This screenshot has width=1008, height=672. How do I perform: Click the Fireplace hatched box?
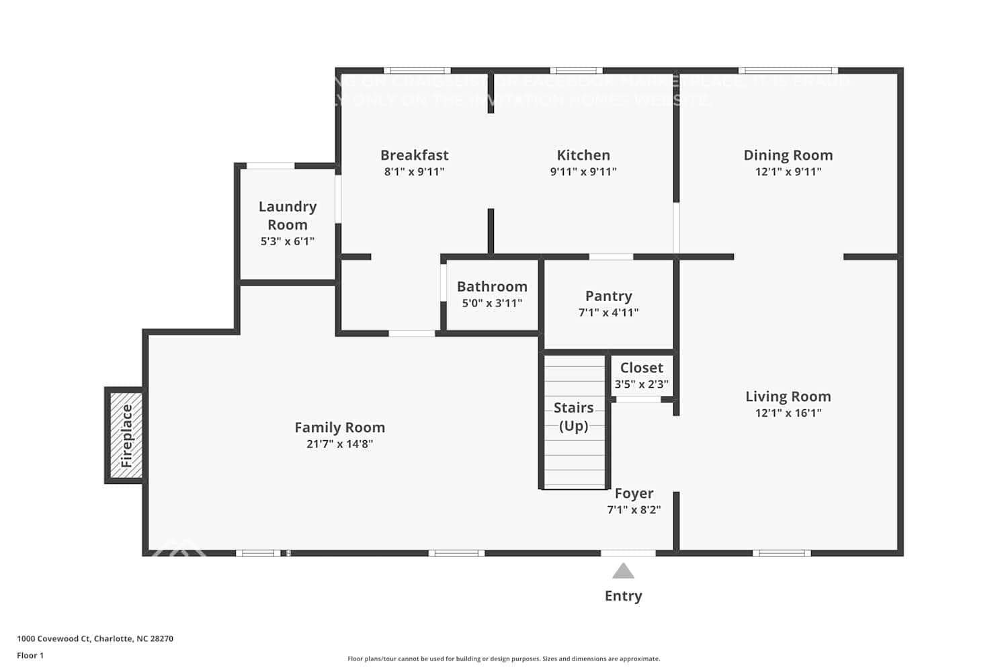click(x=126, y=435)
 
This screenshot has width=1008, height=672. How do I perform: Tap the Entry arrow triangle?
click(x=623, y=571)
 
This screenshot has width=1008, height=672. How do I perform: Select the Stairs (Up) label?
click(x=573, y=417)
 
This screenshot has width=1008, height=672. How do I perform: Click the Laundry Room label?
click(x=288, y=215)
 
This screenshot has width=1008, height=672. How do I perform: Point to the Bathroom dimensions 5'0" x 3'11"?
click(x=492, y=303)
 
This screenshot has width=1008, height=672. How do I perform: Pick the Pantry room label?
click(x=608, y=296)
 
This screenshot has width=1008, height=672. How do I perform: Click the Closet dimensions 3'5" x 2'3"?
click(x=641, y=384)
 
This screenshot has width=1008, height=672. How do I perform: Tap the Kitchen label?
click(x=583, y=155)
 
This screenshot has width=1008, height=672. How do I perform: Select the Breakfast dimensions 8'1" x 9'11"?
click(x=414, y=171)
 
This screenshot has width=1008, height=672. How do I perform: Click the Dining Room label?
click(x=788, y=155)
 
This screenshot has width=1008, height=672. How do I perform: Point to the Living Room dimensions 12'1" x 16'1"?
click(x=788, y=413)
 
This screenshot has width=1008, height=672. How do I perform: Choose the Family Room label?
click(x=339, y=427)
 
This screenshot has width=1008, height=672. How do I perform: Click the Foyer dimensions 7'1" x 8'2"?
click(x=634, y=509)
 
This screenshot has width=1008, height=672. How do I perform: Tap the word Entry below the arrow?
click(x=623, y=595)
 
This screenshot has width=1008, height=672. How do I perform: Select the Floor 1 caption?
click(x=30, y=655)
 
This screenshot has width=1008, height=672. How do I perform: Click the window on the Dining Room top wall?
click(x=788, y=71)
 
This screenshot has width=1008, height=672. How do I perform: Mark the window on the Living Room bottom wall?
click(x=781, y=553)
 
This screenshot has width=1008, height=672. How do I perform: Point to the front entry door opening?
click(x=628, y=553)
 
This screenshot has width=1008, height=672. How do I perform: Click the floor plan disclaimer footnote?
click(x=503, y=659)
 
